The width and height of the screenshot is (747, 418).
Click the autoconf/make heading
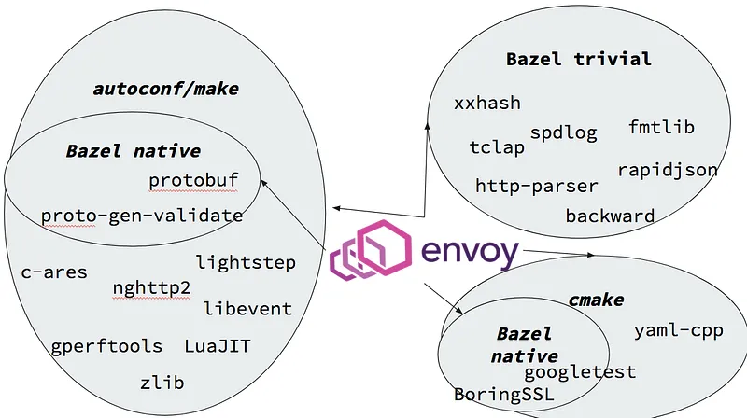coord(165,90)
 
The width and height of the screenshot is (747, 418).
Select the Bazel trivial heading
coord(578,59)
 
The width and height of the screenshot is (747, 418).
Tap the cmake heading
coord(596,300)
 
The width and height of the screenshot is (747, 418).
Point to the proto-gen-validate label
coord(142,216)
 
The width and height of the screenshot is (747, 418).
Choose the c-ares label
coord(54,272)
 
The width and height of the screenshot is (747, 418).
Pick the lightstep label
coord(246,262)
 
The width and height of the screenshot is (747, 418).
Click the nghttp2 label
coord(151,286)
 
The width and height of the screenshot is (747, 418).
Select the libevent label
coord(247,308)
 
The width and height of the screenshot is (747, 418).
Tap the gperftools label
coord(107,346)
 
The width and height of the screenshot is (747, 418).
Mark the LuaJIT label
coord(218,346)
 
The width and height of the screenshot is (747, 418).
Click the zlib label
coord(162,383)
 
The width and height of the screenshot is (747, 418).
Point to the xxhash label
coord(487,103)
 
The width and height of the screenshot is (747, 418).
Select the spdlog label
coord(563,132)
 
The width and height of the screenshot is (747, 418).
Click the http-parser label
coord(536,186)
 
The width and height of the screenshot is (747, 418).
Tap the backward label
coord(610,216)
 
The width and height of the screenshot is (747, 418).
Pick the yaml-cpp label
coord(678,330)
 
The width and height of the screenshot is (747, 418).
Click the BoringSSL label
coord(503,395)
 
